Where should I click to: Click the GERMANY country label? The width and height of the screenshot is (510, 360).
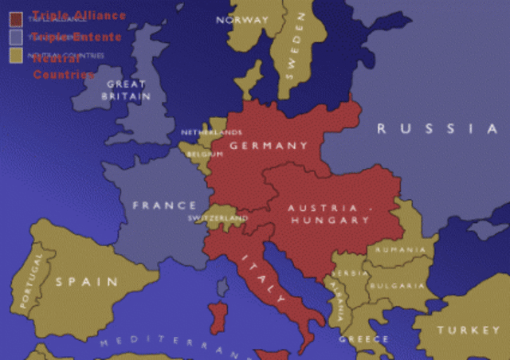coord(269,146)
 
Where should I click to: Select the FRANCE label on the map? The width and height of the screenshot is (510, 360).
coord(164,205)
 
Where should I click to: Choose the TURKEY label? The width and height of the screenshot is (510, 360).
coord(467,330)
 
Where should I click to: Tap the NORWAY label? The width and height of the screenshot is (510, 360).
coord(242,20)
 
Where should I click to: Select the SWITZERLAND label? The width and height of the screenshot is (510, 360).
coord(218,218)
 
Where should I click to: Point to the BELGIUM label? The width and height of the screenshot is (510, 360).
coord(205,155)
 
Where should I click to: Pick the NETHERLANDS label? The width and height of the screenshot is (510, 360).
coord(211,132)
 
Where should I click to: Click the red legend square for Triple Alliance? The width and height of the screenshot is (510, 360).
coord(16,18)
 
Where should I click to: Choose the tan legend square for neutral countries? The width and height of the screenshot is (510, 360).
coord(16,56)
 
